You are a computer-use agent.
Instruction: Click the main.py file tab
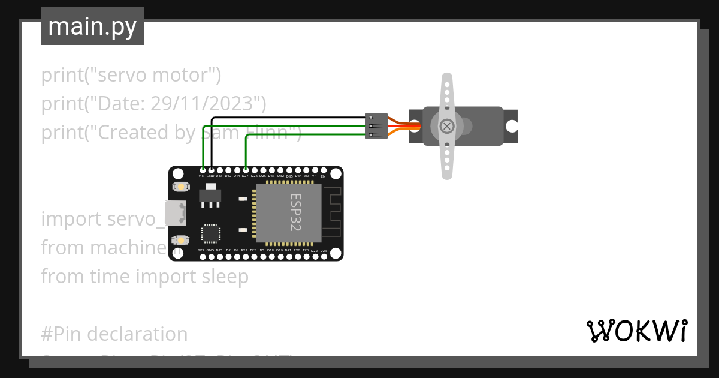click(92, 26)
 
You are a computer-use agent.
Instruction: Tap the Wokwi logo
click(636, 331)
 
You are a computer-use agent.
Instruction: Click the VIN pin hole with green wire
click(203, 170)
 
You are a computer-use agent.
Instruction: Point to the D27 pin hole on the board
click(246, 170)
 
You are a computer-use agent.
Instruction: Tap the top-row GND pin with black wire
click(211, 170)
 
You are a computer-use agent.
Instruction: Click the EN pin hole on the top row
click(324, 170)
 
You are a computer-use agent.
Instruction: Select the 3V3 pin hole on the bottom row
click(203, 257)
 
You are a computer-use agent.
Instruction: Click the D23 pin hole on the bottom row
click(324, 257)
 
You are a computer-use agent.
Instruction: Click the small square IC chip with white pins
click(210, 234)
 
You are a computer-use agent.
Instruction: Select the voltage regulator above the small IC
click(210, 196)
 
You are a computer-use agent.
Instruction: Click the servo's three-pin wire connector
click(376, 126)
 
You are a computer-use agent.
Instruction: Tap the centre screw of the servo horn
click(446, 126)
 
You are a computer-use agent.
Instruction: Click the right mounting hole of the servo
click(511, 126)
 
